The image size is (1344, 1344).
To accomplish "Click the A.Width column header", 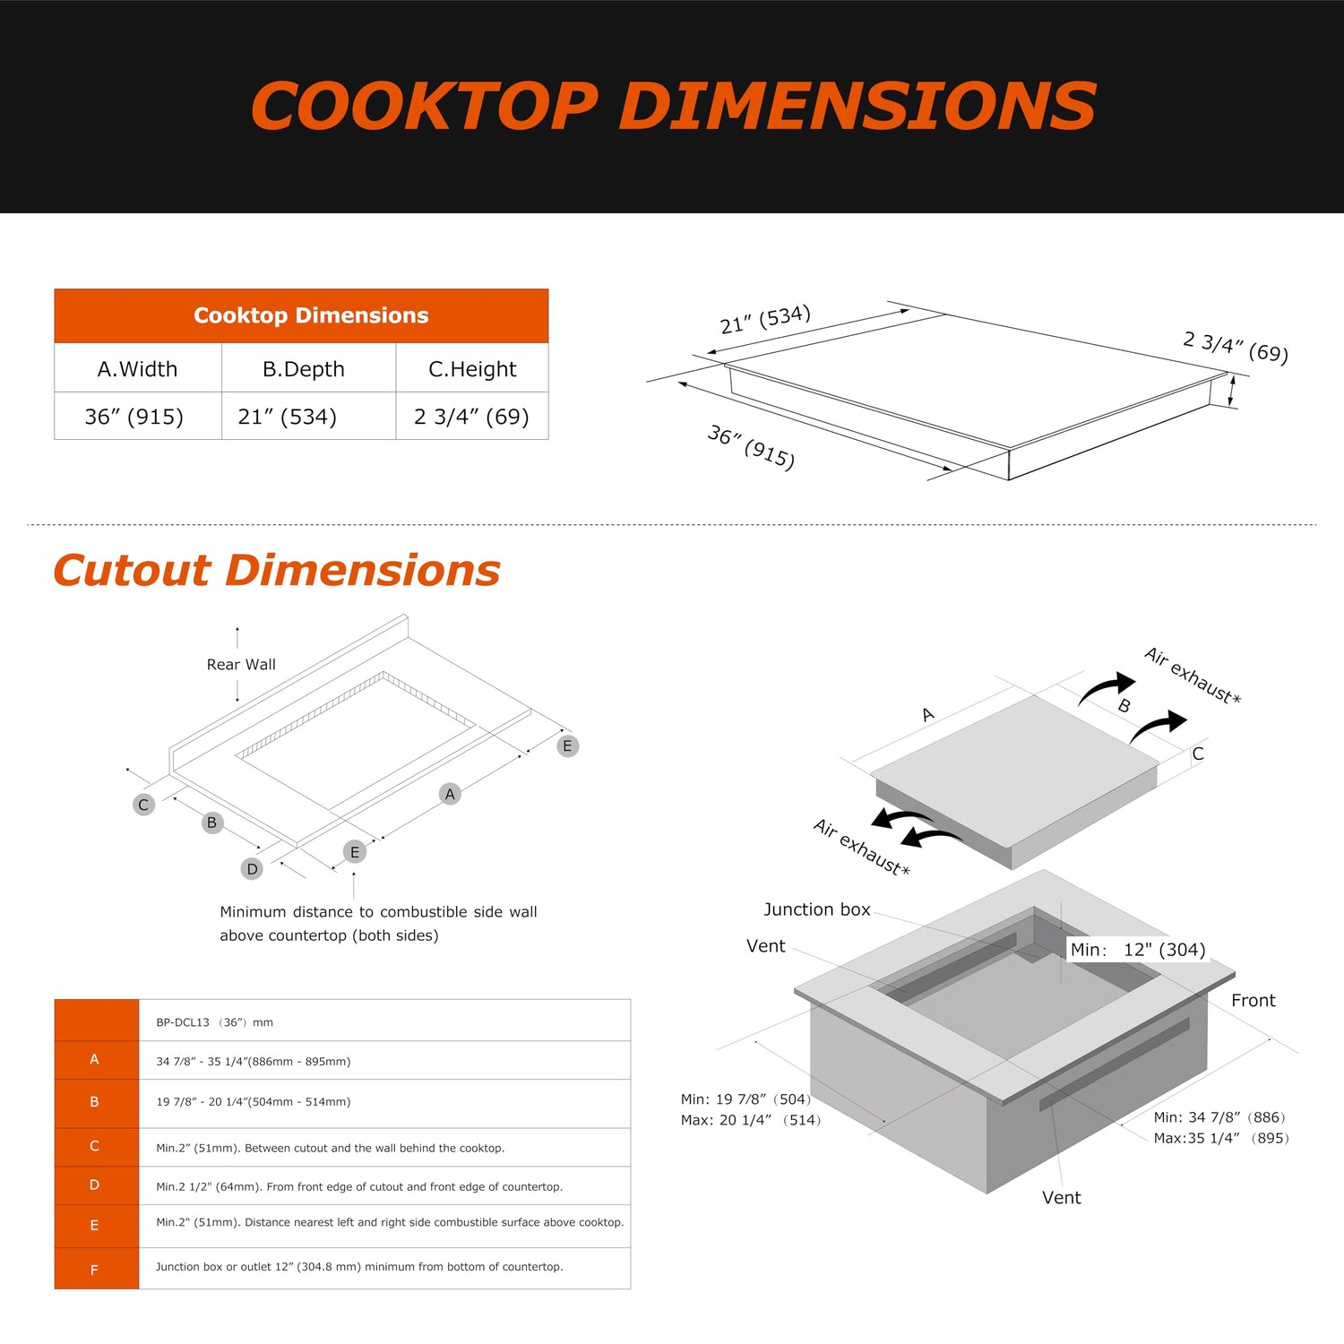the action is (137, 369).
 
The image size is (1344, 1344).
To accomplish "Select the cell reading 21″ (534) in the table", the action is (287, 417).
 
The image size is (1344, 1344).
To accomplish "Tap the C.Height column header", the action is (472, 369).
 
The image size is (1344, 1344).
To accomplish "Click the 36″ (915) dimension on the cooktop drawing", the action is (751, 446).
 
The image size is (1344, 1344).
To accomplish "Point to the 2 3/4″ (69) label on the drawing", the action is (1236, 347).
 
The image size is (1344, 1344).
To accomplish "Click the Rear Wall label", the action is (241, 665).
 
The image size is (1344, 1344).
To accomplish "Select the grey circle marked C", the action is (143, 805).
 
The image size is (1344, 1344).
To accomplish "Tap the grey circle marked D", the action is (252, 869).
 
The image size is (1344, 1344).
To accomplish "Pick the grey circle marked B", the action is (211, 823).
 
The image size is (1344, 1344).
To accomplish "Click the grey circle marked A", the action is (450, 794).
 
